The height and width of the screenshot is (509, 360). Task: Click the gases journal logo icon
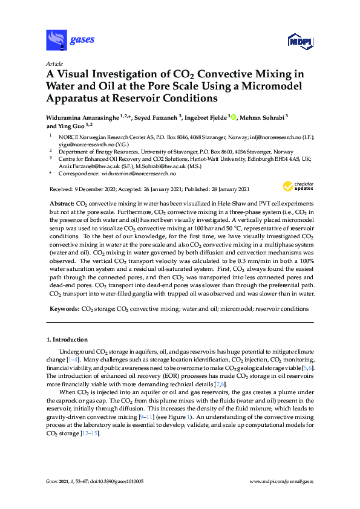click(56, 40)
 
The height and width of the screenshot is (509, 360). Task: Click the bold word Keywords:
click(64, 309)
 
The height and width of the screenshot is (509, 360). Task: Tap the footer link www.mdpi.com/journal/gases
click(281, 482)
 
